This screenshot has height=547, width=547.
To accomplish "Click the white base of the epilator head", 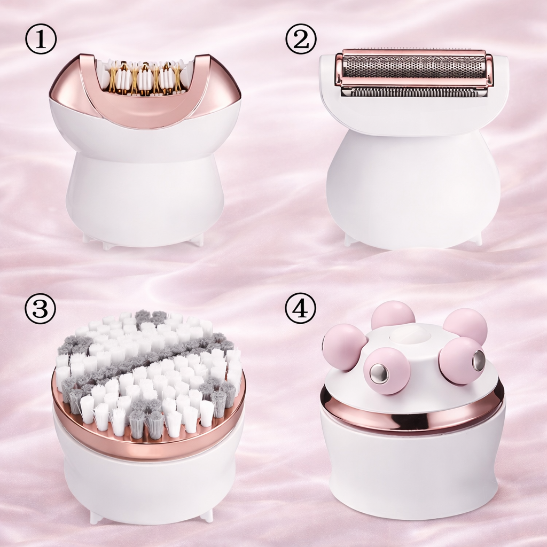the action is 145,196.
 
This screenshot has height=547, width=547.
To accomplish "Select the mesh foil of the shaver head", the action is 414,67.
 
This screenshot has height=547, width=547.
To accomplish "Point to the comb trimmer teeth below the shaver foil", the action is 414,92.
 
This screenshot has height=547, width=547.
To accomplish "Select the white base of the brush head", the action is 149,488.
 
